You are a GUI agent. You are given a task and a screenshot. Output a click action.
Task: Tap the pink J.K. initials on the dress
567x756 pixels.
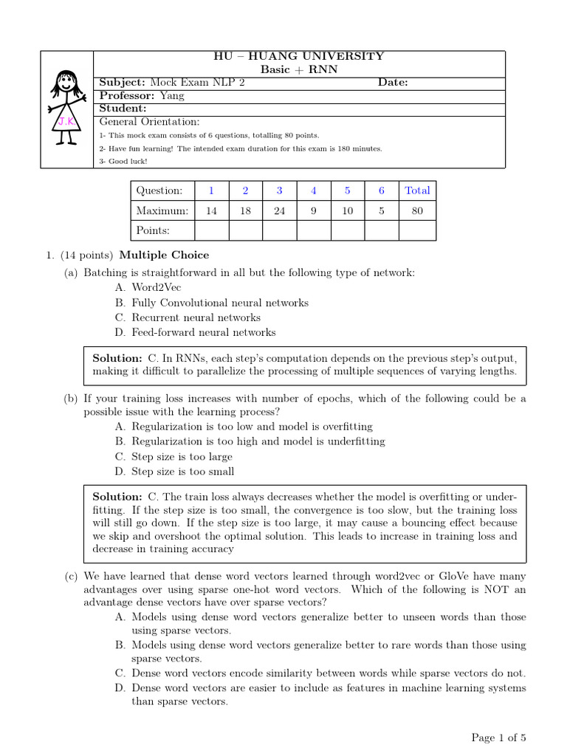pos(66,120)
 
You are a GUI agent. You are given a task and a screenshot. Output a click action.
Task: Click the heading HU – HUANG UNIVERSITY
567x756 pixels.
pos(298,56)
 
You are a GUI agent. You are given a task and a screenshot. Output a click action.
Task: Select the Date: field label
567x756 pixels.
pos(393,83)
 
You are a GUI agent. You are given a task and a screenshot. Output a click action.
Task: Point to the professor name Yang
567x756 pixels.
pos(173,96)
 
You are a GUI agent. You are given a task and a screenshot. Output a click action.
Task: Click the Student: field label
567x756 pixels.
pos(123,109)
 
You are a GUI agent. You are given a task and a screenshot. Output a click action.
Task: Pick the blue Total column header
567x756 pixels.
pos(417,190)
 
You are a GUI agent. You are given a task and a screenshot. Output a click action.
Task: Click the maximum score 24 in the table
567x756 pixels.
pos(279,210)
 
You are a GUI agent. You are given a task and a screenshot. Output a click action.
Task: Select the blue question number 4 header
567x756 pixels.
pos(314,190)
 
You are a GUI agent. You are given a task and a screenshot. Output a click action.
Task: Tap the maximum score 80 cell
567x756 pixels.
pos(417,210)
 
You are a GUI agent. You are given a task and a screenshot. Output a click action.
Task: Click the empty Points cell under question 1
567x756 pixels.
pos(211,230)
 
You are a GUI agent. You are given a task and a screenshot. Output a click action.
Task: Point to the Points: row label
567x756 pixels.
pos(153,230)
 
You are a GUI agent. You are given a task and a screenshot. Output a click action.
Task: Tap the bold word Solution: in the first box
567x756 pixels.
pos(117,357)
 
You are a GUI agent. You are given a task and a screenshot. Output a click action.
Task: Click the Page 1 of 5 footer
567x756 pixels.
pos(499,737)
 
